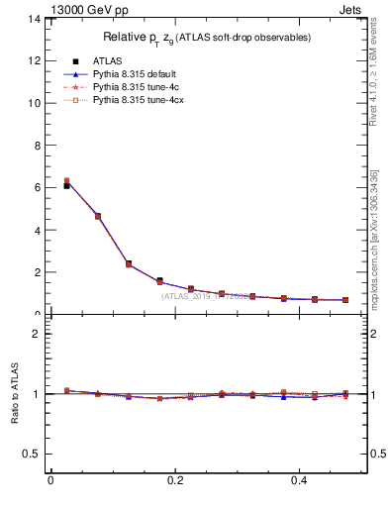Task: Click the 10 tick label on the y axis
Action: tap(33, 103)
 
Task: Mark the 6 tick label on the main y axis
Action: tap(36, 187)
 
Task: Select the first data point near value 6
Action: tap(66, 184)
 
